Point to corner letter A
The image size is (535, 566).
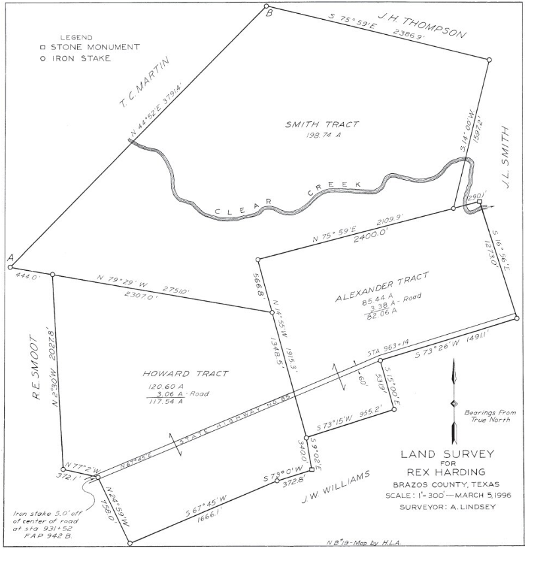11,259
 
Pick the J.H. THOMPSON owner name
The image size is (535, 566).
423,23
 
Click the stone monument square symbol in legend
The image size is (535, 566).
42,47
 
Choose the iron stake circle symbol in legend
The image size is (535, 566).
42,59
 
